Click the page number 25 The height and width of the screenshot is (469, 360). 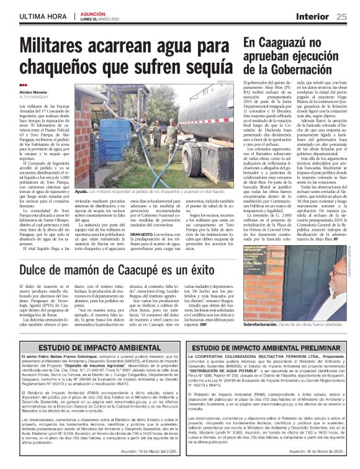342,16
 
